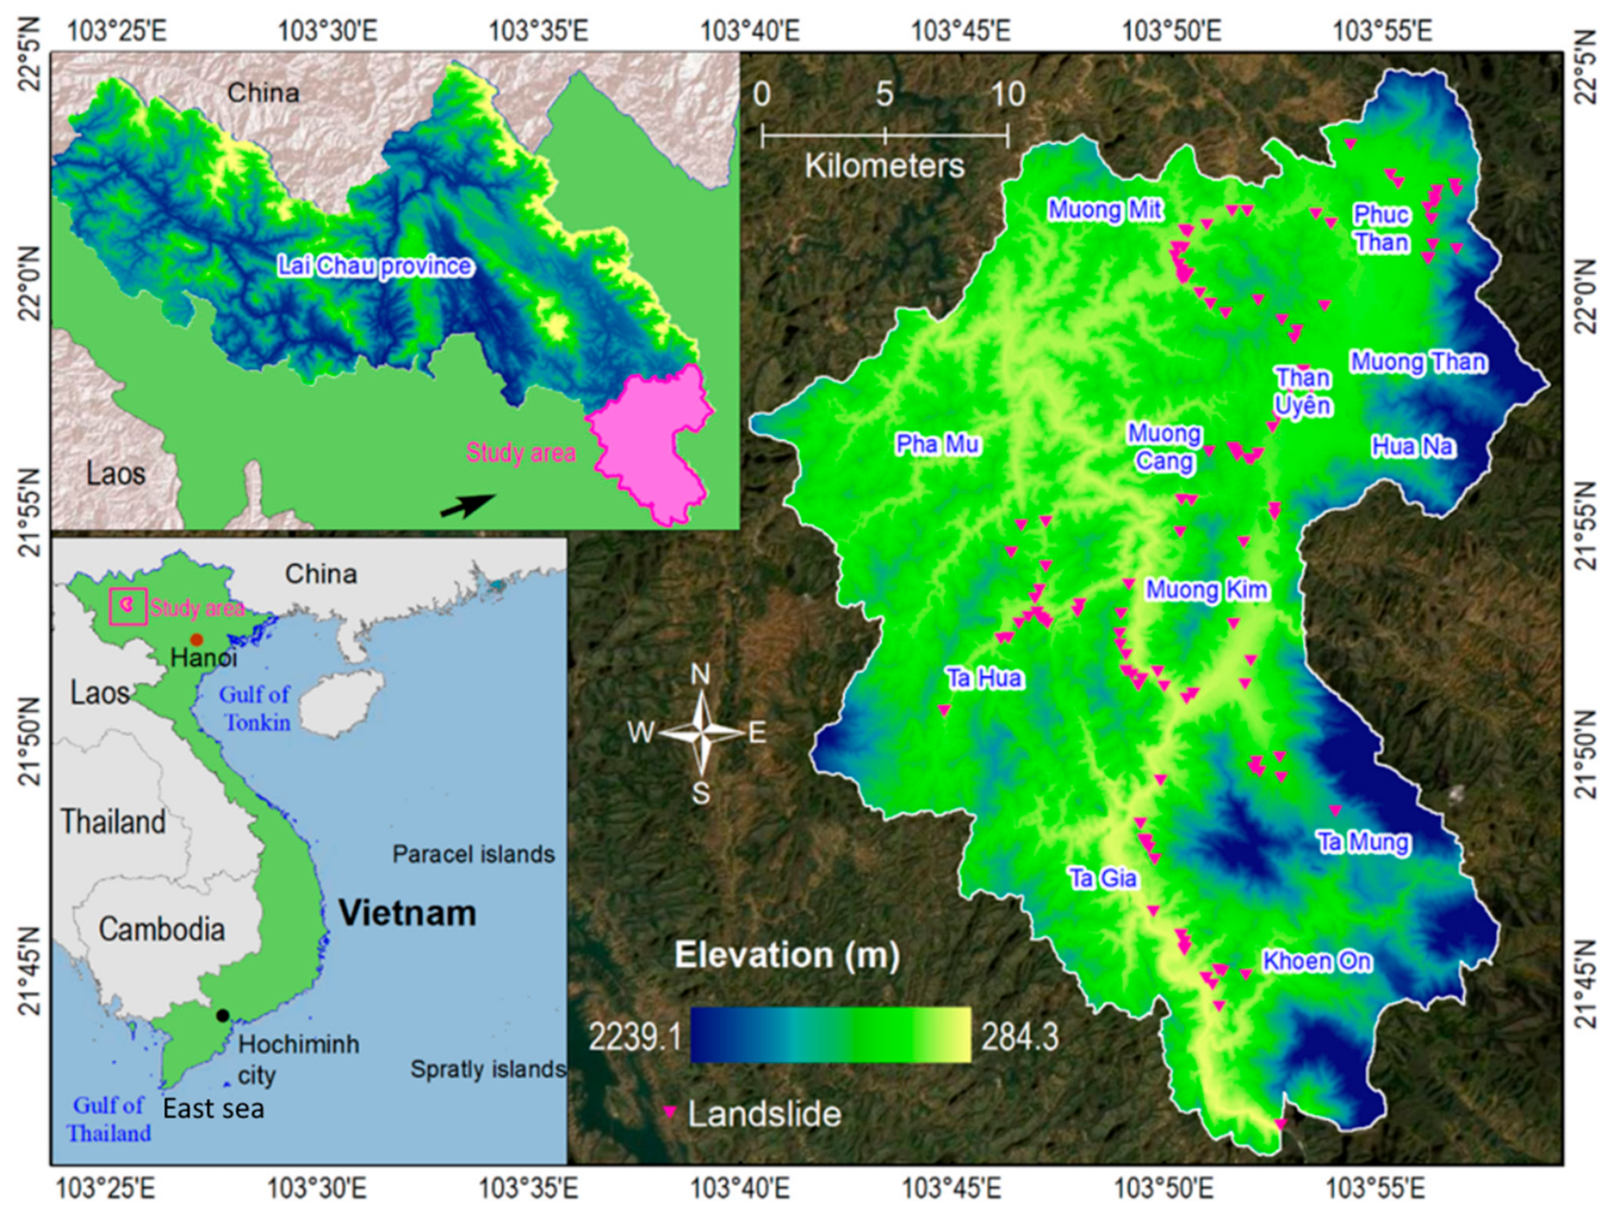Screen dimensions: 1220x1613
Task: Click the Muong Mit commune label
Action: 1105,210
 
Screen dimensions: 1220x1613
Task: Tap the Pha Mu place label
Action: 938,444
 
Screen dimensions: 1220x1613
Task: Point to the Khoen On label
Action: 1317,961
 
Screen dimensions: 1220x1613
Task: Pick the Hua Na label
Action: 1413,446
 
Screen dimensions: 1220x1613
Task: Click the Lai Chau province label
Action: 375,266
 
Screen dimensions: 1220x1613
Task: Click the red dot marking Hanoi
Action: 196,640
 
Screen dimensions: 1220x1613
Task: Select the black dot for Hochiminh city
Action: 223,1015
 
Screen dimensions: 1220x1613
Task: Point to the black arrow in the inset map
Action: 467,505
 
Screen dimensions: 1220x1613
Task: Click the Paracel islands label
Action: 473,854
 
